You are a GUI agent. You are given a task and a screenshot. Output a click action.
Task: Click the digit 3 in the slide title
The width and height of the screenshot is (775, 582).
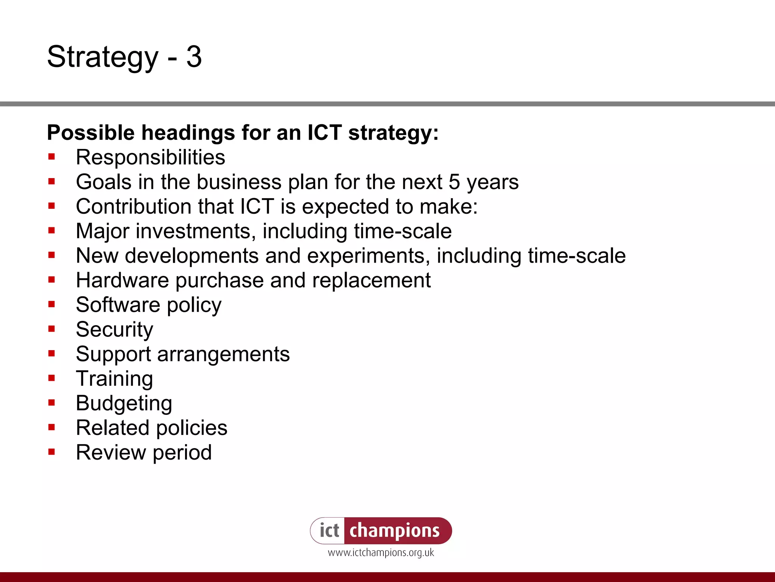[x=194, y=57]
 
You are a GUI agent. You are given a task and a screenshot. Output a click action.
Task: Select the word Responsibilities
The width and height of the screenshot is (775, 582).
[x=150, y=157]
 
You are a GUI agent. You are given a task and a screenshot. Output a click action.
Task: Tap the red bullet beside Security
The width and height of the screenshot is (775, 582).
[x=52, y=329]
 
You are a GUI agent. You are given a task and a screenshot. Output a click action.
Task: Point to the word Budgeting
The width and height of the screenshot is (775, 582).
[x=124, y=403]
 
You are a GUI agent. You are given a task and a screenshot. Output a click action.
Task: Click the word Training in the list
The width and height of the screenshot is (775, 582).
[x=114, y=379]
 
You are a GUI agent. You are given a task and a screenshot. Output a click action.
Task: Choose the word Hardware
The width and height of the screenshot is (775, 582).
[x=122, y=280]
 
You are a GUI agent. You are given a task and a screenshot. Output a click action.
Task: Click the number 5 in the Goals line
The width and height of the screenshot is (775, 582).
[x=454, y=182]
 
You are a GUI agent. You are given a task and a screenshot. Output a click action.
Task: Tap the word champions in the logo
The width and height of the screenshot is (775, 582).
[x=394, y=530]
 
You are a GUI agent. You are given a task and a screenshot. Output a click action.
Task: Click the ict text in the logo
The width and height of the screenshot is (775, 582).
[x=329, y=530]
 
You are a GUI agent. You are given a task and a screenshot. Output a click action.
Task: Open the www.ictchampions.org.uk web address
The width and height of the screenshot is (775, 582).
[x=381, y=553]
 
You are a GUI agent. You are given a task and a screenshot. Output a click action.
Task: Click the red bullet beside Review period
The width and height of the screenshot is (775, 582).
[x=52, y=452]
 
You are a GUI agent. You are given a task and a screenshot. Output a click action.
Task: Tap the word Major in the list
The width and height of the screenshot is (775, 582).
[x=103, y=231]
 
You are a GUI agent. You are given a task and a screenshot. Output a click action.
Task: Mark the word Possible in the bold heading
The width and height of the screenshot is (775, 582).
[x=91, y=133]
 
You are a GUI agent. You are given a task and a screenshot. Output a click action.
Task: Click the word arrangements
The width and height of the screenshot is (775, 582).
[x=223, y=354]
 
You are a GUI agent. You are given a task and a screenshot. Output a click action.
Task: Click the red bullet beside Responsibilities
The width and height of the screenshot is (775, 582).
[x=52, y=157]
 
